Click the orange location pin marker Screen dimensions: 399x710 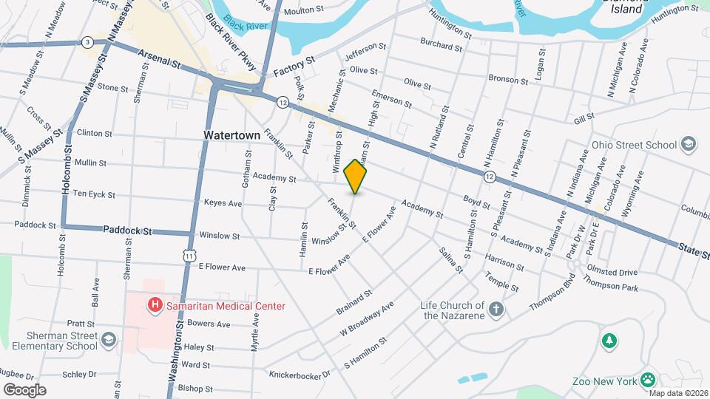coord(356,176)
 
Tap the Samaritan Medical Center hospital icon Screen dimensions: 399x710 coord(155,304)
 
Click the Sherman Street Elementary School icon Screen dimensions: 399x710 coord(109,339)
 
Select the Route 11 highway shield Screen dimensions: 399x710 coord(192,255)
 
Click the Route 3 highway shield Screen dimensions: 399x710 coord(88,41)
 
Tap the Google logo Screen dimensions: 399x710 coord(24,389)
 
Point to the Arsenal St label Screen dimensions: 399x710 coord(157,61)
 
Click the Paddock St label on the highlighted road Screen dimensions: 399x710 coord(127,231)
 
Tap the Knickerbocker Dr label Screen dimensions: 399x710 coord(300,375)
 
